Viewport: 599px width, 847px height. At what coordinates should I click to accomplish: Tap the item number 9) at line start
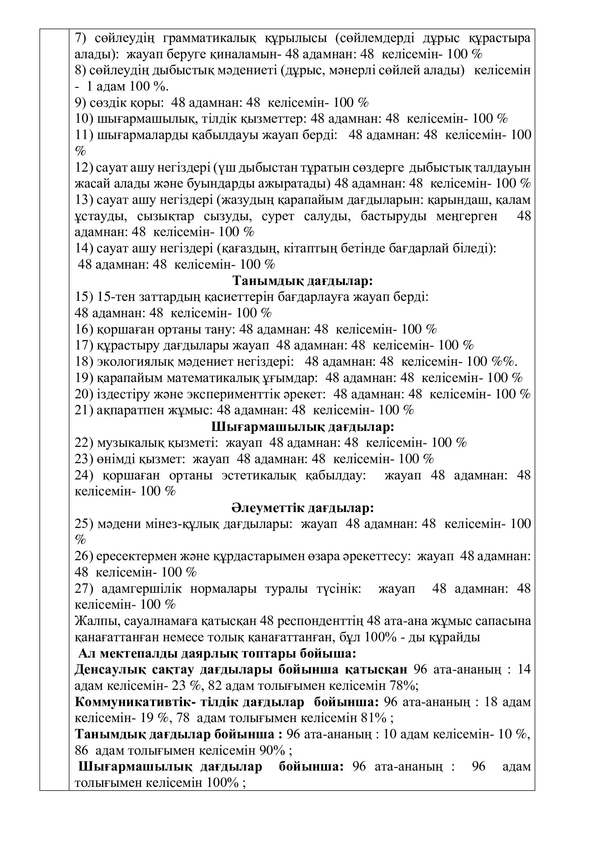click(81, 102)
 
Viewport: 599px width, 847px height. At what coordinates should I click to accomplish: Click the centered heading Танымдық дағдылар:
click(303, 281)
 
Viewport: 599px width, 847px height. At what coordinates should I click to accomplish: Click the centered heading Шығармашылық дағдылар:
click(303, 427)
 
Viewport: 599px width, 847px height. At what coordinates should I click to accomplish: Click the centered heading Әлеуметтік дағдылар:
click(303, 508)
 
